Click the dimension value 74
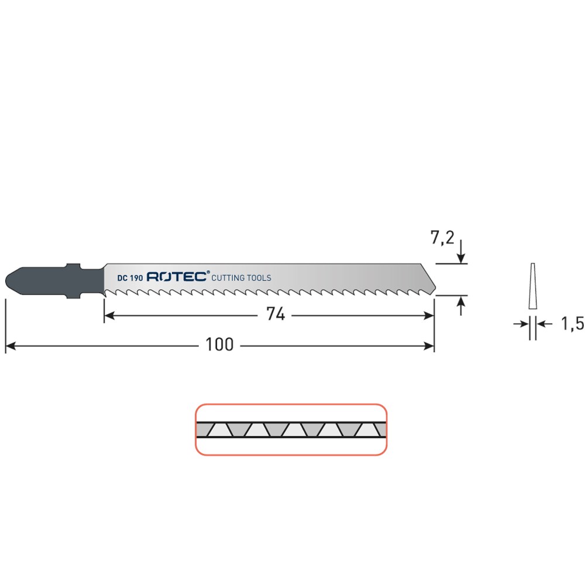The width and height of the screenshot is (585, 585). coord(276,314)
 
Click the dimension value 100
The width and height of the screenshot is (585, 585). coord(219,345)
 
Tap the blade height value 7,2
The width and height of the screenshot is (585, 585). coord(442,238)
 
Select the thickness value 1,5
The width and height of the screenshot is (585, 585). coord(573,324)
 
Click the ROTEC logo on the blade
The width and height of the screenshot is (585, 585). coord(178,277)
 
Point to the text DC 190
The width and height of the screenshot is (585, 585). coord(130,278)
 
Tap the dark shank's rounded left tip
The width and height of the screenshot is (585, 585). coord(6,280)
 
